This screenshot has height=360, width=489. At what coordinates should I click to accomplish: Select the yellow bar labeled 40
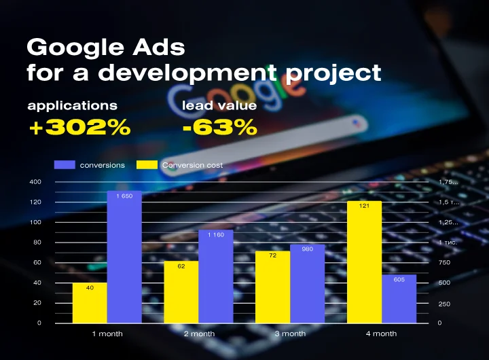[x=90, y=303]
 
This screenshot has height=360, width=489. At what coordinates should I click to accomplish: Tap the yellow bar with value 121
[x=364, y=262]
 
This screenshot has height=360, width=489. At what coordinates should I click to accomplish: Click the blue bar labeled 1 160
[x=215, y=276]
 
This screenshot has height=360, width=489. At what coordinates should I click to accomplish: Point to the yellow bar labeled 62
[x=181, y=292]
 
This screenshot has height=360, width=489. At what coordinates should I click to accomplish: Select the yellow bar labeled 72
[x=272, y=287]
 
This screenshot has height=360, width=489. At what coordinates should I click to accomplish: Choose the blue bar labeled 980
[x=307, y=283]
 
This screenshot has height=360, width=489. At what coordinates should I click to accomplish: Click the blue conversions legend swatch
[x=64, y=165]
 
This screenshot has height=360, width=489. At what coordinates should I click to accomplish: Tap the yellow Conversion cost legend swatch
[x=147, y=165]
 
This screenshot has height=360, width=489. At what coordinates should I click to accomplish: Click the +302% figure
[x=79, y=127]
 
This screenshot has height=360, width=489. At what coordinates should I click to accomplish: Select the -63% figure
[x=219, y=127]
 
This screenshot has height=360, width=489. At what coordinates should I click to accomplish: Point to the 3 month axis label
[x=290, y=334]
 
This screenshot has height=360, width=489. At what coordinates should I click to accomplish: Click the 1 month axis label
[x=107, y=334]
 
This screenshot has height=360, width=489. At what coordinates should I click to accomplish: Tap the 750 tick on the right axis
[x=444, y=263]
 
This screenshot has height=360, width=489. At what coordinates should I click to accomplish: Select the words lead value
[x=219, y=105]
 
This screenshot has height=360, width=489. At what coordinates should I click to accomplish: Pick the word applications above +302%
[x=72, y=105]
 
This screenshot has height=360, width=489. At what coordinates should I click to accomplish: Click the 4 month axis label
[x=381, y=334]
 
